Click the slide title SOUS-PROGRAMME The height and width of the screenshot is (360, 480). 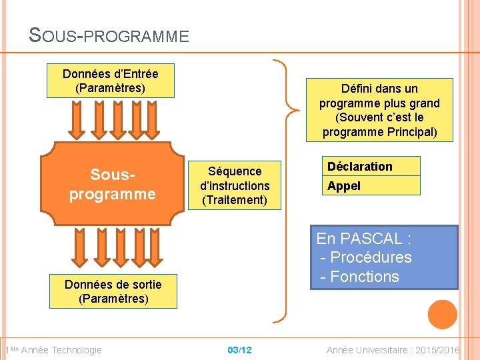(109, 35)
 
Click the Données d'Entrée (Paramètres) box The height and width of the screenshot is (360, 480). (111, 81)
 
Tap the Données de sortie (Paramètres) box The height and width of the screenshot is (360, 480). (113, 291)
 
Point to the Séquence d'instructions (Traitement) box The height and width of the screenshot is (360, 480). (235, 185)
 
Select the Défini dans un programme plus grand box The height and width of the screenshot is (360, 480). (379, 110)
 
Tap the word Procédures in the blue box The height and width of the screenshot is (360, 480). (371, 257)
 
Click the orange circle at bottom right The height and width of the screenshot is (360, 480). (443, 314)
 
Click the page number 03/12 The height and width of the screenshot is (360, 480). (239, 350)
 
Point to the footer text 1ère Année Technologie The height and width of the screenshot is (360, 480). (53, 350)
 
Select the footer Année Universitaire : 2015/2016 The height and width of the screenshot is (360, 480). (393, 350)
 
